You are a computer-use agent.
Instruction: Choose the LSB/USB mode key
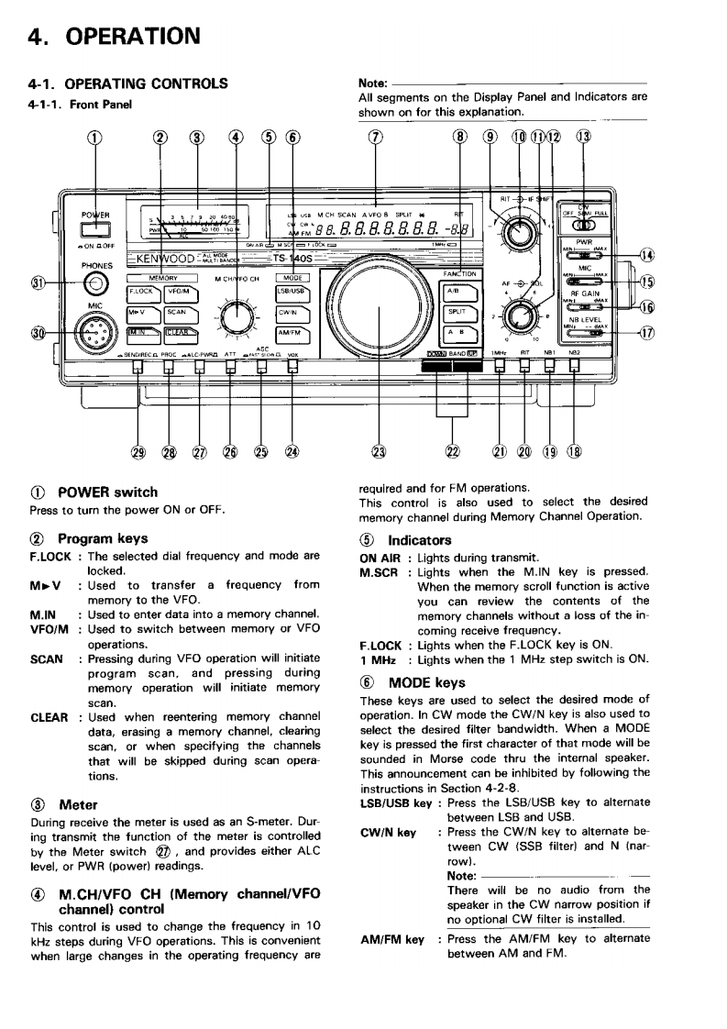click(x=291, y=293)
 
